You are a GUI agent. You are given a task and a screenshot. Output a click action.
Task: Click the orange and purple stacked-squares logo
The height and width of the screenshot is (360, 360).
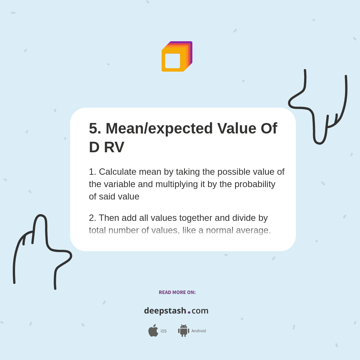tap(177, 57)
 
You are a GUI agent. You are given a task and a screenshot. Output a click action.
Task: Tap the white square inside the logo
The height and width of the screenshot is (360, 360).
tap(172, 61)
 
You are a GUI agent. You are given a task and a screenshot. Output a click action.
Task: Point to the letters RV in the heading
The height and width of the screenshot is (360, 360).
tap(114, 147)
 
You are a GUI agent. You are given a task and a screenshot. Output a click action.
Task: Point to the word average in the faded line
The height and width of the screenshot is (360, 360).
tap(253, 230)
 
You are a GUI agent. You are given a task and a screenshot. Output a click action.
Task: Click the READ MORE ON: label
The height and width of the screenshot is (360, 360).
tap(177, 292)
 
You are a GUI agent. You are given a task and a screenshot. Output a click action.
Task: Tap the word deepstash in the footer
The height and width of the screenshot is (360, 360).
tap(165, 310)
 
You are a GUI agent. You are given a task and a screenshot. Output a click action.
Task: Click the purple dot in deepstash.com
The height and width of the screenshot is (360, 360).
tap(189, 312)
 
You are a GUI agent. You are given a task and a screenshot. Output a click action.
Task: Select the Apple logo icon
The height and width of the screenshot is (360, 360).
tap(153, 330)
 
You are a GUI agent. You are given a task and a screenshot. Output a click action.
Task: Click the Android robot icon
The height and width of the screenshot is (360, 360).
tap(183, 330)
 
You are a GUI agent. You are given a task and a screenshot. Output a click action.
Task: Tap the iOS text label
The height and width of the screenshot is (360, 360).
tap(163, 331)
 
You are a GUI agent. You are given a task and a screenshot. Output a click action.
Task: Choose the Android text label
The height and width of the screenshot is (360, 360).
tap(199, 331)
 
